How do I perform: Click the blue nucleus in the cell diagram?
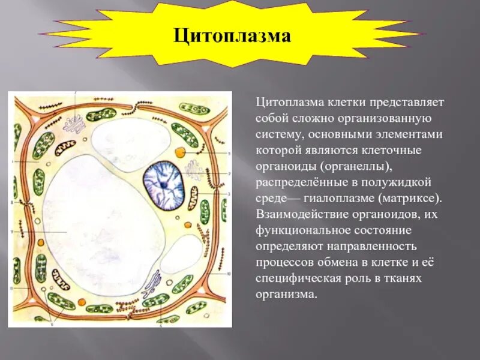(163, 180)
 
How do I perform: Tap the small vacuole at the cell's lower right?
(182, 254)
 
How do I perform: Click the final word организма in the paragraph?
(285, 295)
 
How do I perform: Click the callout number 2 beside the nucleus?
(229, 173)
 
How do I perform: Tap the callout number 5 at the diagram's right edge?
(229, 154)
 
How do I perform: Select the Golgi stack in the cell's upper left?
(76, 125)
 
